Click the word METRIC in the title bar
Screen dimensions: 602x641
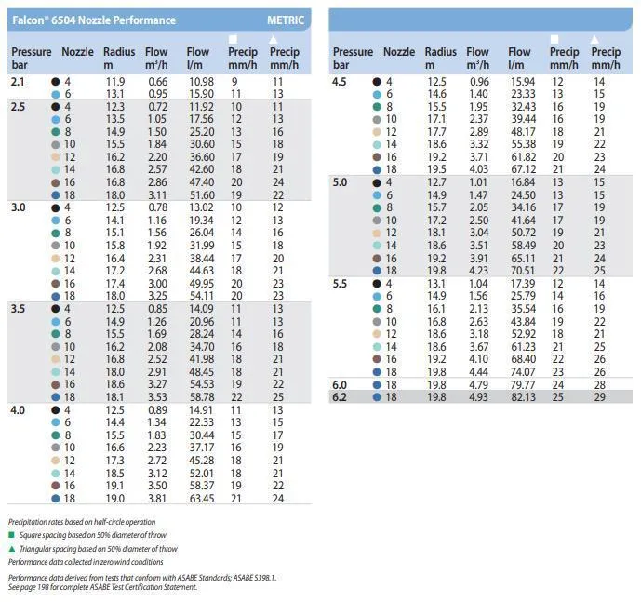[x=286, y=20]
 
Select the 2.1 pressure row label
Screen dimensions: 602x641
[x=18, y=82]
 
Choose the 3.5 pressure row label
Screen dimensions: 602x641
[x=19, y=307]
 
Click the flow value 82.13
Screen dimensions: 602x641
[x=523, y=396]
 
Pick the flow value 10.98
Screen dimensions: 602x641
[x=201, y=82]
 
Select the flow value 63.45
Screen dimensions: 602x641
[x=201, y=498]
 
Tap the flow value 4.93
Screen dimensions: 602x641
[x=478, y=396]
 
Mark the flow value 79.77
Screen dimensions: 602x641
[x=523, y=384]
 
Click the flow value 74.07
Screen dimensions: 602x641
[x=523, y=371]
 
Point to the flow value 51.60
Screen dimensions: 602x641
[x=201, y=194]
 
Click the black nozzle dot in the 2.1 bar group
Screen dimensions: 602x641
[x=57, y=82]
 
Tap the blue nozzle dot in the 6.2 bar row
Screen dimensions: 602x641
[x=377, y=396]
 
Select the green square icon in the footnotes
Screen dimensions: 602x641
[x=11, y=535]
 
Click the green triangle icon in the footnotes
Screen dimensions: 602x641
[x=11, y=549]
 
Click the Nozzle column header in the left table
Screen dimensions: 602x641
[x=77, y=52]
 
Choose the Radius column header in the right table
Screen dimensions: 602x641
[x=441, y=52]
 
